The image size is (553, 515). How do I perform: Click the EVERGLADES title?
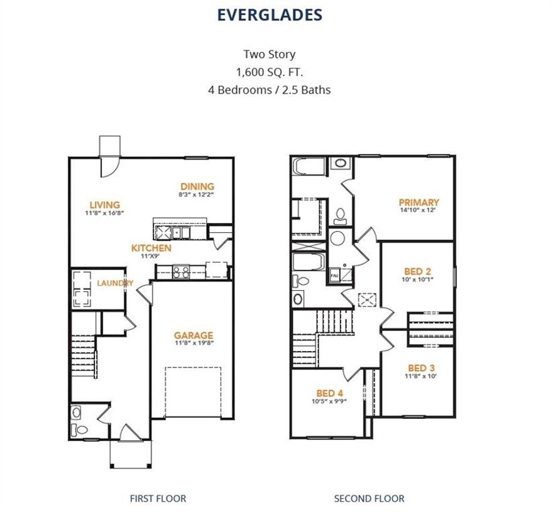[270, 15]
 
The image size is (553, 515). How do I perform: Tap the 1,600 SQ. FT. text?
[270, 72]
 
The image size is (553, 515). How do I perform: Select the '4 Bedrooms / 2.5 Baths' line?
[270, 90]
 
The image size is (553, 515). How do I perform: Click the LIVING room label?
[104, 205]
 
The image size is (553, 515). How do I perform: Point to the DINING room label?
[197, 186]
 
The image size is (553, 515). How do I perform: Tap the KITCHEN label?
[151, 248]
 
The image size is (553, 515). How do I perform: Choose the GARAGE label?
[193, 335]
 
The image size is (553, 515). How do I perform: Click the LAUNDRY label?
[115, 283]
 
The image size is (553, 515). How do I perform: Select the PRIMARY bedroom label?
[419, 202]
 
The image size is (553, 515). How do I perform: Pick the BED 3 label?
[421, 367]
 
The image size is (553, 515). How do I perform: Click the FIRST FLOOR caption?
[158, 499]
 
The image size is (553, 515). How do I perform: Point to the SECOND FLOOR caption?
[369, 499]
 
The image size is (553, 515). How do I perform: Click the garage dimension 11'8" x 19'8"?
[193, 343]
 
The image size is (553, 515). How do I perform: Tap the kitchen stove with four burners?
[182, 271]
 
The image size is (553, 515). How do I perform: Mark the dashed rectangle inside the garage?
[193, 392]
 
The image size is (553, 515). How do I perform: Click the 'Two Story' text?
[270, 54]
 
